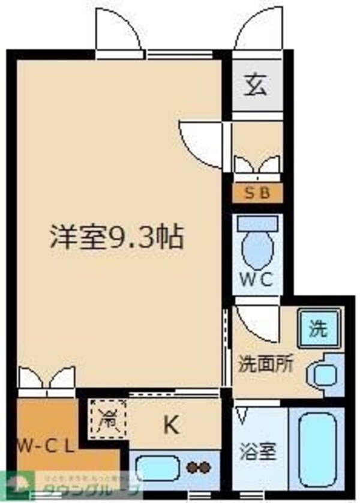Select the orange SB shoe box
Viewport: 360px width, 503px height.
click(x=257, y=193)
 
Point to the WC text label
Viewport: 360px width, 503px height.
click(x=256, y=279)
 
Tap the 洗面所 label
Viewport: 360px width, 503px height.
click(x=266, y=364)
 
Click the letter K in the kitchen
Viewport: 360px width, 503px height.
click(x=172, y=425)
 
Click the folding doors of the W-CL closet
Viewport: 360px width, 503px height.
click(x=46, y=378)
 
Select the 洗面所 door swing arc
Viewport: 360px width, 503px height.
click(x=255, y=323)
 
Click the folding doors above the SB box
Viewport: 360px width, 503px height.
click(x=256, y=166)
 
